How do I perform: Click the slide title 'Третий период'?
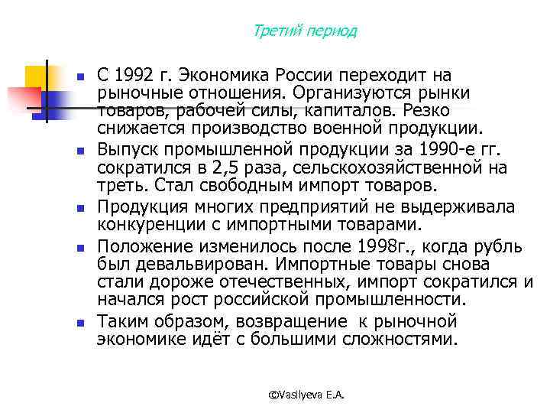pos(304,31)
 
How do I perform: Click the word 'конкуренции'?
pos(152,225)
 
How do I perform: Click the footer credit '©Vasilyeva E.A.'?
pos(307,394)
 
